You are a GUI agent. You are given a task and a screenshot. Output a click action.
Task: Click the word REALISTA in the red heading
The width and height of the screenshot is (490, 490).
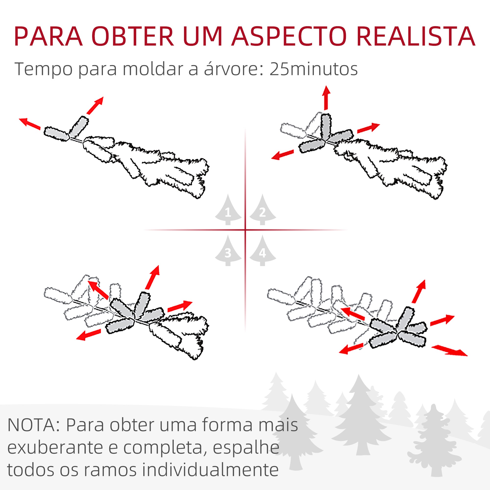pyautogui.click(x=416, y=37)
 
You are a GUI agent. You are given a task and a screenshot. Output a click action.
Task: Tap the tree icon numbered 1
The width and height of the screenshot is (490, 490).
pyautogui.click(x=228, y=210)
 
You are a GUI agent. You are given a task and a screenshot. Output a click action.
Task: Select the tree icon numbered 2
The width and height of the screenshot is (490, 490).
pyautogui.click(x=262, y=210)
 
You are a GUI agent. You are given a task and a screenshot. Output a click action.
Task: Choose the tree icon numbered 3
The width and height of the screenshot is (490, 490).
pyautogui.click(x=228, y=251)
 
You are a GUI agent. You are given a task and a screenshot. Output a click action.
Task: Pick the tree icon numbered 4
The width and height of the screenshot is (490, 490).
pyautogui.click(x=262, y=251)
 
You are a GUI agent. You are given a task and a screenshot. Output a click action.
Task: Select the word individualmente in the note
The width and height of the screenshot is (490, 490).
pyautogui.click(x=210, y=470)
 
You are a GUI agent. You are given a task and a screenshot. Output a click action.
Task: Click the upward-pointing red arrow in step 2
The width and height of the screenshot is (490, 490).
pyautogui.click(x=326, y=98)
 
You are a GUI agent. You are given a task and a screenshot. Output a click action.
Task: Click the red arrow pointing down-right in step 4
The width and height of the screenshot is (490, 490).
pyautogui.click(x=449, y=351)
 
